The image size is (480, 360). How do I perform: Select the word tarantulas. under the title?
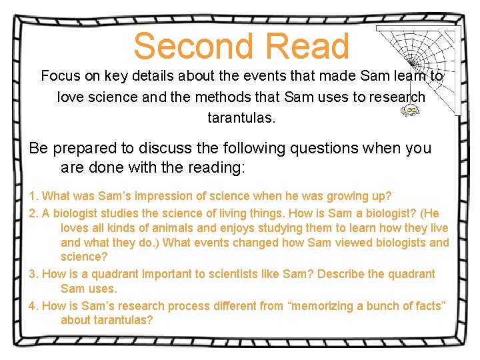(x=241, y=118)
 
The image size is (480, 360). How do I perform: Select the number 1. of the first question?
(x=34, y=196)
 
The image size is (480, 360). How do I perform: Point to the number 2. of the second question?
(x=34, y=213)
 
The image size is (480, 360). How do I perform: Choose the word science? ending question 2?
(x=84, y=257)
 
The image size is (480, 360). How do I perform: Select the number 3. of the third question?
(x=34, y=274)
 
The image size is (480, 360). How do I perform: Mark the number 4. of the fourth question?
(x=34, y=306)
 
